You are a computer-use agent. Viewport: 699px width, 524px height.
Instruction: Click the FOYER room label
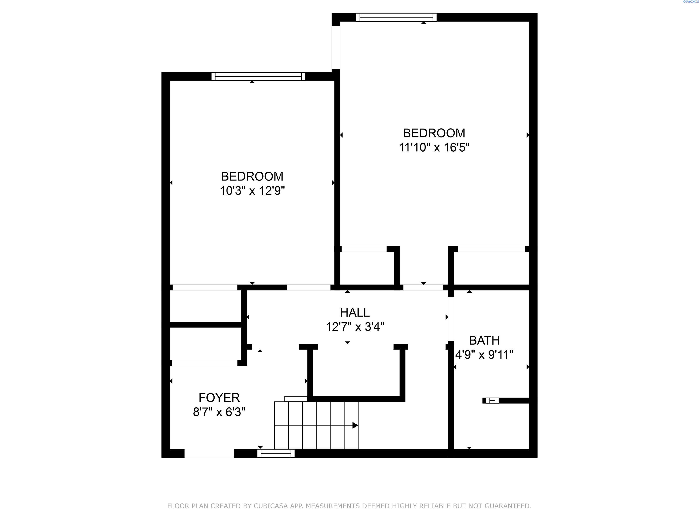click(219, 397)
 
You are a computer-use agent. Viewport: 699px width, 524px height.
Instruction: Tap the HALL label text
click(355, 312)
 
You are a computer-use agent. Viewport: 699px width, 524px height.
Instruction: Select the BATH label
click(484, 340)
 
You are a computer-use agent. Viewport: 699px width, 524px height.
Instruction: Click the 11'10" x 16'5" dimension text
click(434, 147)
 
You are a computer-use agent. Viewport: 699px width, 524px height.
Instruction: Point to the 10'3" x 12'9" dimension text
click(252, 191)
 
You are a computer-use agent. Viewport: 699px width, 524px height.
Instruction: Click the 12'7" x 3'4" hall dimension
click(355, 327)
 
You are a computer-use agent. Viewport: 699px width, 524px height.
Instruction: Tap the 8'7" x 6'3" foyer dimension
click(219, 412)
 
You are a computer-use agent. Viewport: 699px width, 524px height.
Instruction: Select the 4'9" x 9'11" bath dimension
click(484, 355)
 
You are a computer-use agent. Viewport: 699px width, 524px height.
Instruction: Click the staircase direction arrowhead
click(355, 425)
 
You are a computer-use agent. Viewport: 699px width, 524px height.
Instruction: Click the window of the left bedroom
click(258, 76)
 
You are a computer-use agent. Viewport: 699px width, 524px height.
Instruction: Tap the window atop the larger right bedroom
click(396, 17)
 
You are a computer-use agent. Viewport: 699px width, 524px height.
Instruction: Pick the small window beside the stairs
click(276, 453)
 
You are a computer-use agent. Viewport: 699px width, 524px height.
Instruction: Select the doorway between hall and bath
click(451, 319)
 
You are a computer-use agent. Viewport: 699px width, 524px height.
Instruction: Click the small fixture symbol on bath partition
click(492, 401)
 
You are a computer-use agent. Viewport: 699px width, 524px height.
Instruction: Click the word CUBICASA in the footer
click(271, 506)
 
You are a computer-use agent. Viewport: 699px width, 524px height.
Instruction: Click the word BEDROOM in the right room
click(434, 133)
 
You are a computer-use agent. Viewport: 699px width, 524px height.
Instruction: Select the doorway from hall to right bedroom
click(423, 287)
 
